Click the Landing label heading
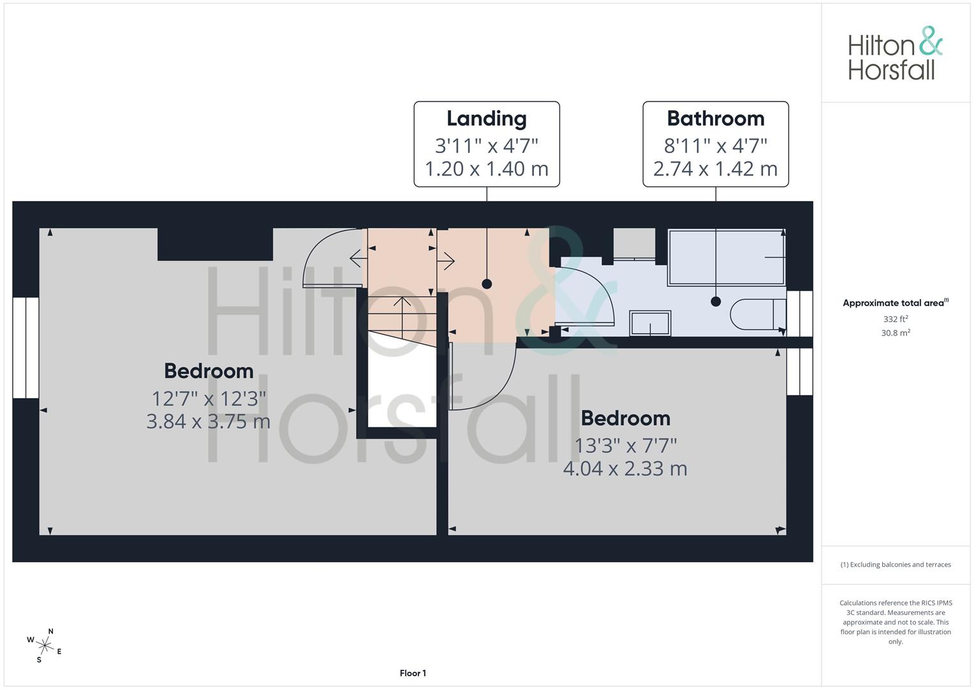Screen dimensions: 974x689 point(487,119)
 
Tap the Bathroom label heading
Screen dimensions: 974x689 point(716,118)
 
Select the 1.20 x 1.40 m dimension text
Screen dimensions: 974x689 point(487,169)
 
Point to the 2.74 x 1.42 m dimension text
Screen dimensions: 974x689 point(715,169)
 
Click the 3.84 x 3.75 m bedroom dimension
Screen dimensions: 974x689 point(209,421)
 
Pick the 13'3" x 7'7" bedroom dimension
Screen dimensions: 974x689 point(626,445)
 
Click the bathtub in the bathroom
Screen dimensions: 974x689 point(727,257)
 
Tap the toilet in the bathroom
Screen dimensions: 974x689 point(758,314)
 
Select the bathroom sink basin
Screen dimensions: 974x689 point(650,323)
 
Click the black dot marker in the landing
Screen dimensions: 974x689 point(487,284)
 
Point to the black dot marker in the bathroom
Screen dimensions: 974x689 point(716,301)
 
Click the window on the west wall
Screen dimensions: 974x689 point(26,348)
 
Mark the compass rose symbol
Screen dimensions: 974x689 point(45,646)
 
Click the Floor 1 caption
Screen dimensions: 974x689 point(413,673)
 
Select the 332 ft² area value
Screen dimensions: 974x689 point(896,318)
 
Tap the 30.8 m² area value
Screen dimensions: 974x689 point(896,332)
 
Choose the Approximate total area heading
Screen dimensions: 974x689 point(896,302)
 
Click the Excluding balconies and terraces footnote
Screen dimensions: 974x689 point(896,565)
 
